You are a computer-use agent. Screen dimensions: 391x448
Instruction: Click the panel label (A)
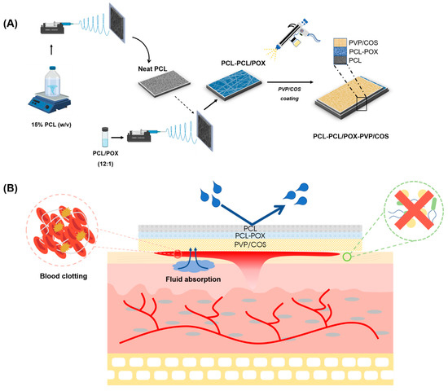tap(14, 11)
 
